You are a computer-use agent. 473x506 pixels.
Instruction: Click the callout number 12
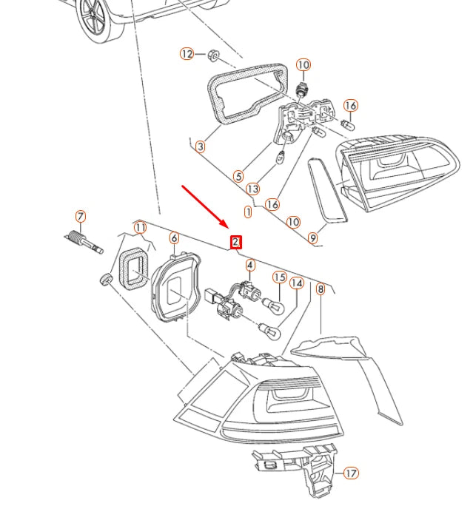click(187, 53)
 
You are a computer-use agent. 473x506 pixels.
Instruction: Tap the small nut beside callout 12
click(213, 55)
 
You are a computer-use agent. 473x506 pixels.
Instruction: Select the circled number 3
click(201, 146)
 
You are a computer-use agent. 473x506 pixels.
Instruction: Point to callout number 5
click(238, 176)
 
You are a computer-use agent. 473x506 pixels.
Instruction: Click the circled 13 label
click(253, 189)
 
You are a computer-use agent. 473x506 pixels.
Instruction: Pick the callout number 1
click(248, 212)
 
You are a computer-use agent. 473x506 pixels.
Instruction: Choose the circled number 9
click(312, 238)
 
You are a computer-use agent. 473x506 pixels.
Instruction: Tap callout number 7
click(81, 216)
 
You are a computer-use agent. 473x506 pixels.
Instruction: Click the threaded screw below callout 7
click(84, 242)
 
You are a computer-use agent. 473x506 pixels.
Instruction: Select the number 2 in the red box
click(235, 242)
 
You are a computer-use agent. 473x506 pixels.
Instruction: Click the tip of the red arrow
click(228, 228)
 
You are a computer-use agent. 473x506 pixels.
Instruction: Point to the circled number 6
click(174, 238)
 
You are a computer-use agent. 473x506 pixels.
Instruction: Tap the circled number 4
click(250, 266)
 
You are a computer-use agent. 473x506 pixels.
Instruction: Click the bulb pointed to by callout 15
click(273, 306)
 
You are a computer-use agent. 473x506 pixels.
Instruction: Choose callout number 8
click(321, 289)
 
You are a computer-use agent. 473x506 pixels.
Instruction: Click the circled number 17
click(351, 473)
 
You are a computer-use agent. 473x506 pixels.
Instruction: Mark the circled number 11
click(140, 228)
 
